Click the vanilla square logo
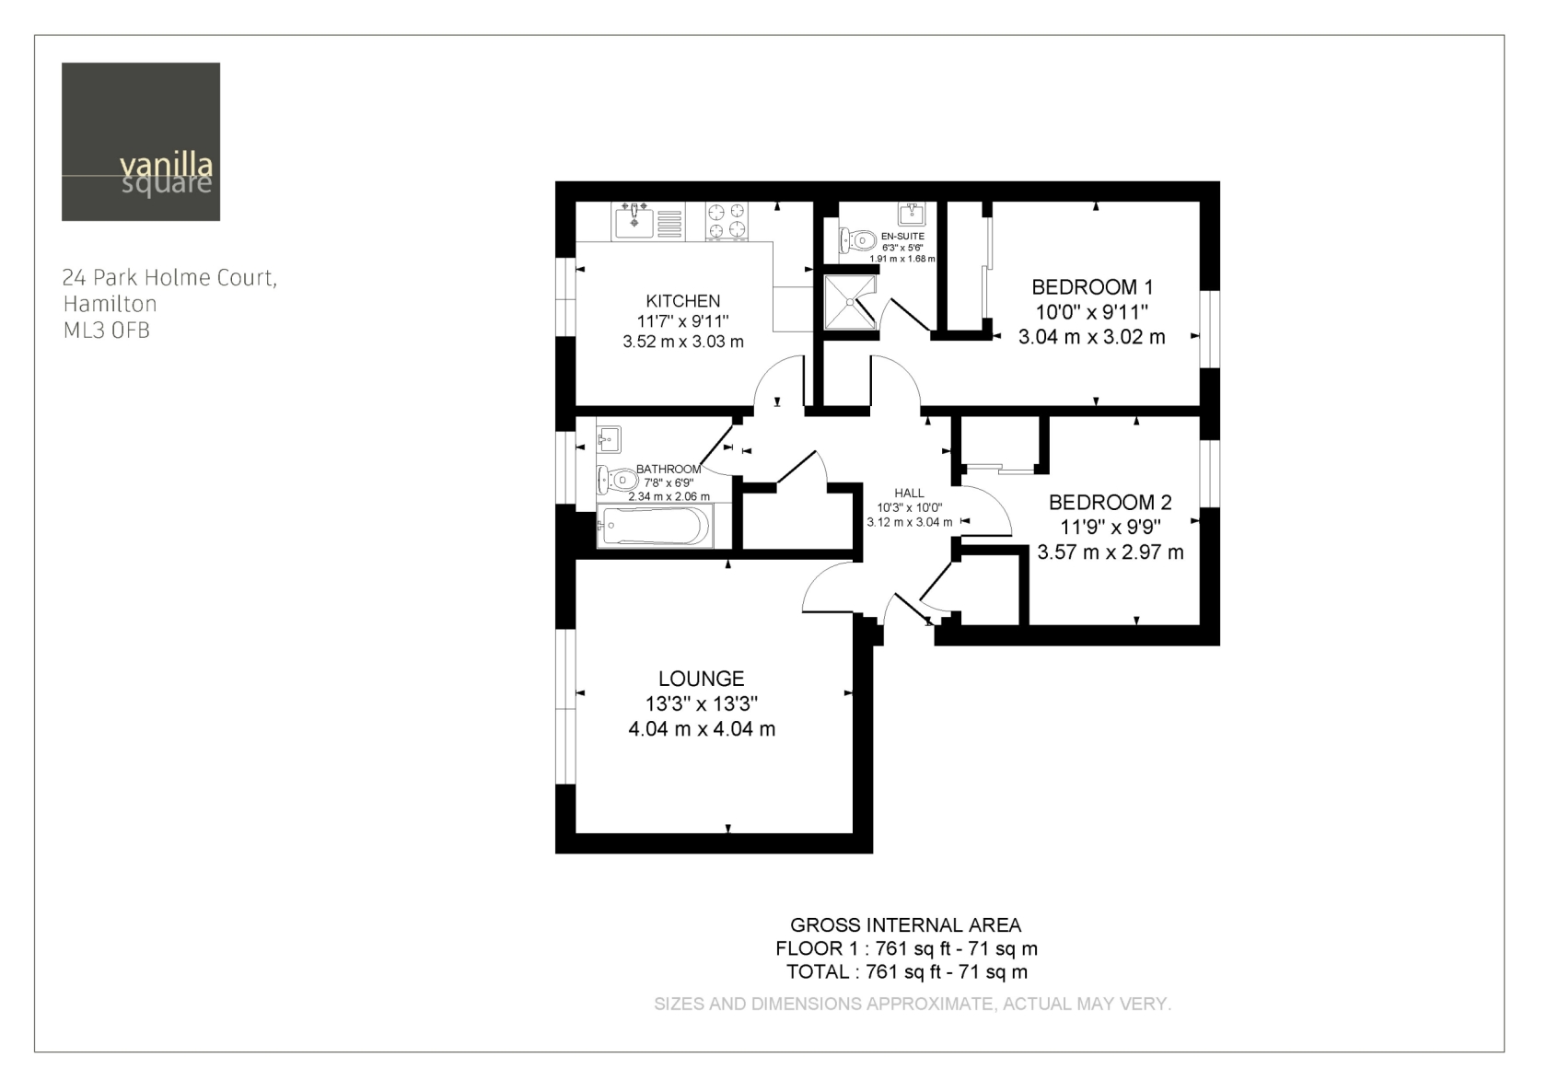pos(141,142)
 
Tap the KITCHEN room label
pos(682,301)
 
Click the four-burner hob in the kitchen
pos(727,221)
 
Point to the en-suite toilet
pos(857,240)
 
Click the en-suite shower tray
pos(850,302)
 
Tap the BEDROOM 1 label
pos(1092,286)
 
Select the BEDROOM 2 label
pos(1110,502)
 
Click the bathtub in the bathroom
pos(654,526)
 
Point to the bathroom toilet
pos(617,480)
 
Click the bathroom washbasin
pos(609,439)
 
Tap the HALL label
pos(909,494)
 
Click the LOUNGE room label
pos(701,679)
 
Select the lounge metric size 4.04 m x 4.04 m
pos(701,728)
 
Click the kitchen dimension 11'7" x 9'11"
pos(682,321)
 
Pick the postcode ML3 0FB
pos(107,331)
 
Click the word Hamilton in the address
pos(110,304)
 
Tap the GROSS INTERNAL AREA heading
pos(905,924)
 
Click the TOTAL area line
pos(907,971)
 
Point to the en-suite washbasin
pos(912,215)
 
